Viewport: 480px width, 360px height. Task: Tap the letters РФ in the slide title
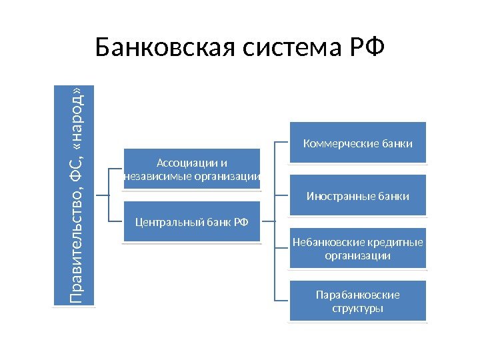(x=366, y=48)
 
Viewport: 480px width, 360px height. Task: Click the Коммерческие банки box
(x=357, y=143)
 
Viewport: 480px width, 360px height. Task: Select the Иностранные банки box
(x=357, y=196)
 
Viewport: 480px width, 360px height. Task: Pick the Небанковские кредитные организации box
(x=357, y=249)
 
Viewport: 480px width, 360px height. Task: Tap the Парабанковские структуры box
(x=357, y=302)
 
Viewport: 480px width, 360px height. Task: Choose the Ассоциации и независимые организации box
(x=191, y=169)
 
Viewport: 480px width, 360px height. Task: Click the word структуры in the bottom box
(x=357, y=309)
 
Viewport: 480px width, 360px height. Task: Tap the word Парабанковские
(x=357, y=295)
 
